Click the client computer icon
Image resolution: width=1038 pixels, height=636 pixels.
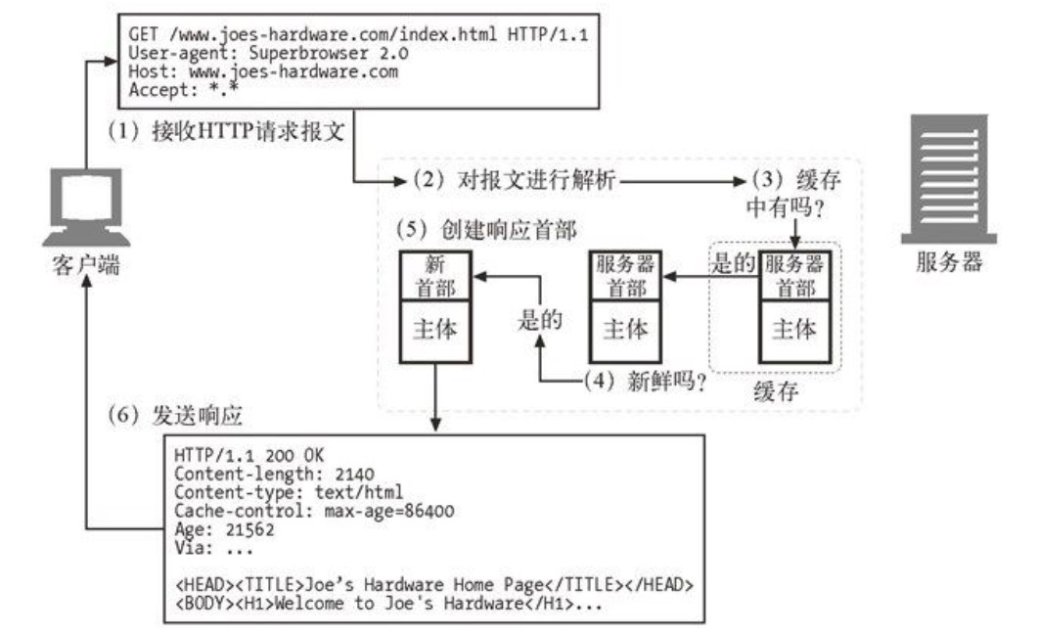point(87,205)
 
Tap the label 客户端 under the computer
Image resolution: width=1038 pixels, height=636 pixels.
point(87,264)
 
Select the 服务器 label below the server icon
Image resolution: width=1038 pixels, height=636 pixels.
point(948,262)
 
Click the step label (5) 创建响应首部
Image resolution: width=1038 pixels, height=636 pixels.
point(485,231)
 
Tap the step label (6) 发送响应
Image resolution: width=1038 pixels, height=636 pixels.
point(176,415)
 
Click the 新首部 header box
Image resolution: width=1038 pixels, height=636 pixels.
point(436,276)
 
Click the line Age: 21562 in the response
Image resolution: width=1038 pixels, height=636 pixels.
point(224,530)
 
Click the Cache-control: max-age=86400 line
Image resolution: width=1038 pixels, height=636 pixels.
point(314,512)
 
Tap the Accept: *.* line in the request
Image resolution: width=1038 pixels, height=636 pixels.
point(184,90)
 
